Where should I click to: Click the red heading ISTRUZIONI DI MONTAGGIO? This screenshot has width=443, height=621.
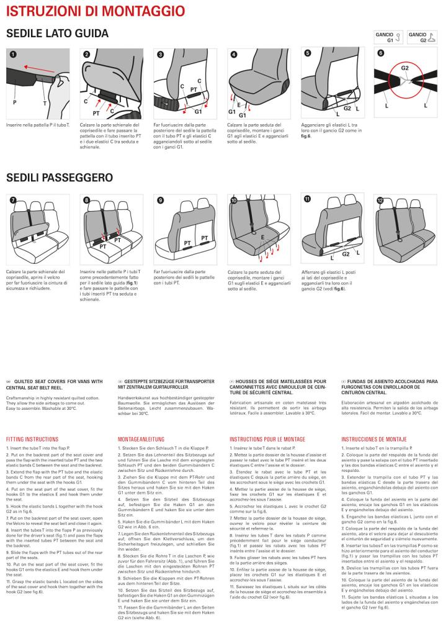pyautogui.click(x=96, y=11)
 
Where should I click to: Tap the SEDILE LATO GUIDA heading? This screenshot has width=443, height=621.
pyautogui.click(x=57, y=34)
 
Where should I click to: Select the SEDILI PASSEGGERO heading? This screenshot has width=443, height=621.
pyautogui.click(x=60, y=178)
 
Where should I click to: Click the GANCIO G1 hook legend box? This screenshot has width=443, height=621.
pyautogui.click(x=388, y=37)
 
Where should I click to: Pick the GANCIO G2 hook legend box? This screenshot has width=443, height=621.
pyautogui.click(x=422, y=37)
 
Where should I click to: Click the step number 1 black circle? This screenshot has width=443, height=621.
pyautogui.click(x=13, y=54)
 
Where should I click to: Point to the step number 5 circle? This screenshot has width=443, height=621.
pyautogui.click(x=308, y=53)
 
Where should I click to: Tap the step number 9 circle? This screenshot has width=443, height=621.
pyautogui.click(x=160, y=200)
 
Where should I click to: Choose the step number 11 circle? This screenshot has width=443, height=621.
pyautogui.click(x=307, y=199)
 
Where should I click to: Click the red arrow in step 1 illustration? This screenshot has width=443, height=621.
pyautogui.click(x=38, y=70)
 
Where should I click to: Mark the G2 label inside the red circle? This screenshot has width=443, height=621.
pyautogui.click(x=405, y=68)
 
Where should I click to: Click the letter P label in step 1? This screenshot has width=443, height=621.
pyautogui.click(x=15, y=102)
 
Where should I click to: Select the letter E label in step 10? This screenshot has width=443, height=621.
pyautogui.click(x=262, y=238)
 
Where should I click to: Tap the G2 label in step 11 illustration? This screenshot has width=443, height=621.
pyautogui.click(x=346, y=254)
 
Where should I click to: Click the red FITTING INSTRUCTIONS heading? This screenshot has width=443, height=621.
pyautogui.click(x=32, y=439)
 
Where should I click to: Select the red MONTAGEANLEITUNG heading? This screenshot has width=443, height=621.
pyautogui.click(x=142, y=439)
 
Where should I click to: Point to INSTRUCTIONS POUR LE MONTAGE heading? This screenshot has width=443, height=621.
pyautogui.click(x=267, y=439)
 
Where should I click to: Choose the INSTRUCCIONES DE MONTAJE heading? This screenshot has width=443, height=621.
pyautogui.click(x=374, y=439)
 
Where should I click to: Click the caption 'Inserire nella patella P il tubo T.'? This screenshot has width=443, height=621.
pyautogui.click(x=38, y=125)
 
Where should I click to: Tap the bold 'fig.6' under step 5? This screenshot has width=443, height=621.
pyautogui.click(x=306, y=136)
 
